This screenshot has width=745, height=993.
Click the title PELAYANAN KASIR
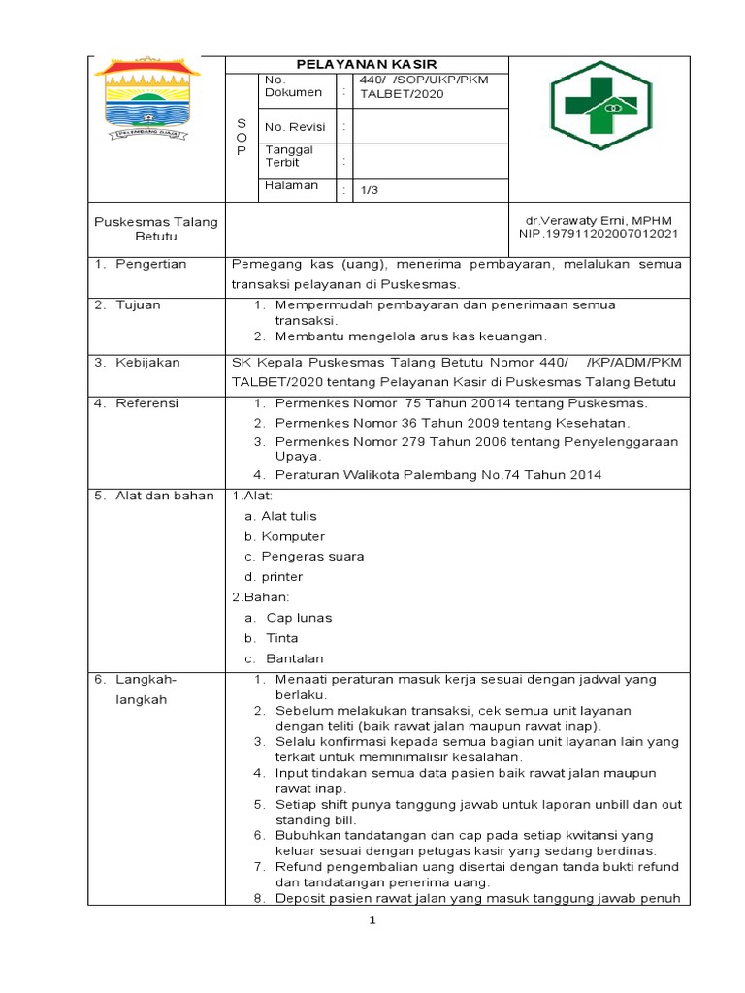pos(366,63)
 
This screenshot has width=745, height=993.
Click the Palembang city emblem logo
pos(145,97)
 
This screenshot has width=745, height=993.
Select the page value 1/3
pos(369,190)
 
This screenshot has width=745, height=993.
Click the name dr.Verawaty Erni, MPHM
pos(599,221)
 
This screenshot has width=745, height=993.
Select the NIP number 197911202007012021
pos(599,235)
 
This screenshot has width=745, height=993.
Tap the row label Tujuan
pos(138,304)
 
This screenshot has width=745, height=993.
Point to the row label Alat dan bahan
pos(164,496)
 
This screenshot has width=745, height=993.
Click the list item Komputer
pos(292,536)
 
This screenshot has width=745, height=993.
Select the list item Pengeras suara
pos(312,557)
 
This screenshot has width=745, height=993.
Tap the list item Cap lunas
pos(299,618)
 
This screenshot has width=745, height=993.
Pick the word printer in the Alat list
pos(281,577)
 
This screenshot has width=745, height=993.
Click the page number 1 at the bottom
pos(372,922)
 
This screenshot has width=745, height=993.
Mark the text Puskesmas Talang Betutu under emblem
pos(155,229)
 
